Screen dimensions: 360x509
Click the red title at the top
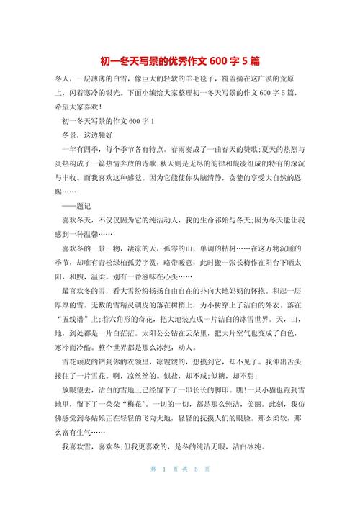click(179, 60)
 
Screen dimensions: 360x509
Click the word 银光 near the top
click(112, 94)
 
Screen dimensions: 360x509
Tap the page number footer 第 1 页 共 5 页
click(180, 490)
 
